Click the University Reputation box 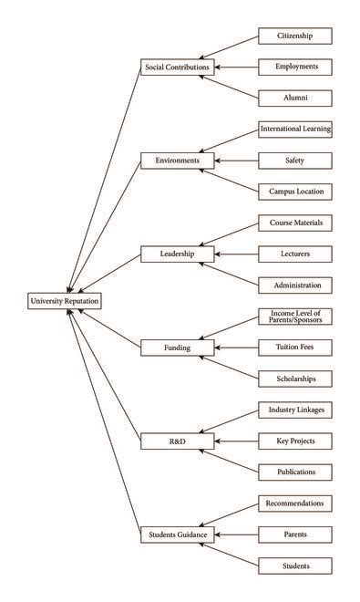tap(64, 300)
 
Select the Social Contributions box tap(178, 67)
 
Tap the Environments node tap(178, 160)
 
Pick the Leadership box tap(178, 253)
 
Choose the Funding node tap(178, 347)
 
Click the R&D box tap(178, 441)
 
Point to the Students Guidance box tap(178, 535)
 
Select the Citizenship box tap(293, 36)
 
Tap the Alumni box tap(293, 98)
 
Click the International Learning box tap(293, 129)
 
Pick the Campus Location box tap(293, 192)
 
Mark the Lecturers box tap(293, 254)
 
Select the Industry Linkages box tap(293, 410)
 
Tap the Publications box tap(293, 472)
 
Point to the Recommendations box tap(293, 503)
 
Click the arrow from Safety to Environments tap(236, 161)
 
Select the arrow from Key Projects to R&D tap(236, 441)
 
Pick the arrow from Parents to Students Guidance tap(236, 535)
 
